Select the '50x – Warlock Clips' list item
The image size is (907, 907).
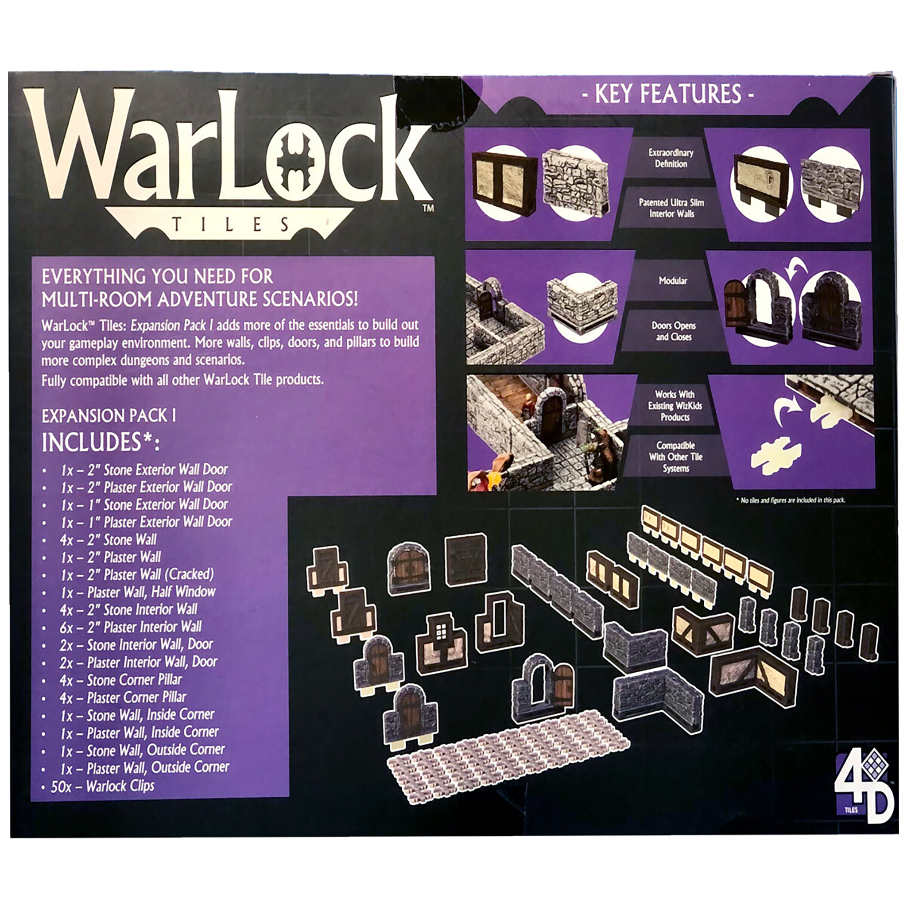point(102,786)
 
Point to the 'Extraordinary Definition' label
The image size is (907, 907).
point(671,158)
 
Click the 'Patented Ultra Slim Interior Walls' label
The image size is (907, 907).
point(671,208)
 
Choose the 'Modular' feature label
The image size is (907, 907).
point(672,281)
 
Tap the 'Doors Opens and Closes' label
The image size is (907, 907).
point(673,331)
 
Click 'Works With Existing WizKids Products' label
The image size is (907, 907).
point(675,406)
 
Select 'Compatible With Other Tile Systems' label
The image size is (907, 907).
point(675,457)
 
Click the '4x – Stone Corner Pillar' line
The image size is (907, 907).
point(120,680)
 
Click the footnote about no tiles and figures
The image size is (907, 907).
point(791,500)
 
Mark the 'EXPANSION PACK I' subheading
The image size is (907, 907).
point(109,416)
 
